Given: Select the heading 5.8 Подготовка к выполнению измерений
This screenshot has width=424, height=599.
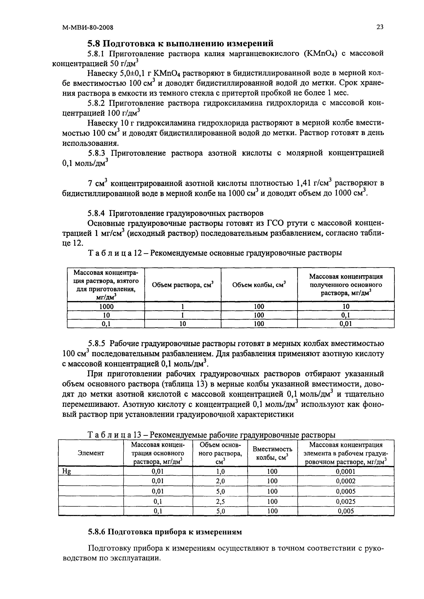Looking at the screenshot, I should pos(180,43).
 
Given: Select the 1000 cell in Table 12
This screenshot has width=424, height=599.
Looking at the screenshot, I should pos(106,306).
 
